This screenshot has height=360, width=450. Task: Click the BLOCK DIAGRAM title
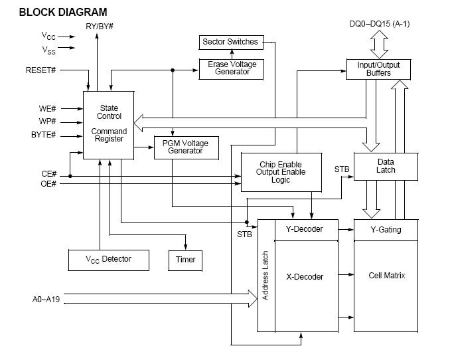pyautogui.click(x=63, y=12)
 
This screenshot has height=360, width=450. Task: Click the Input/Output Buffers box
pyautogui.click(x=378, y=69)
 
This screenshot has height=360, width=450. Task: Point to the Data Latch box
pyautogui.click(x=386, y=166)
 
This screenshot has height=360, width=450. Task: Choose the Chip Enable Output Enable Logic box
pyautogui.click(x=281, y=172)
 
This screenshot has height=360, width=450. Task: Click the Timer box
pyautogui.click(x=185, y=259)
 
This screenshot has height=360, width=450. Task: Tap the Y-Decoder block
pyautogui.click(x=304, y=230)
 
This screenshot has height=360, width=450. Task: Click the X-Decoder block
pyautogui.click(x=304, y=276)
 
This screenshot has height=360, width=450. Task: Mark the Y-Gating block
pyautogui.click(x=386, y=230)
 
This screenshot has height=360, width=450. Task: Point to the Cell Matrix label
pyautogui.click(x=386, y=275)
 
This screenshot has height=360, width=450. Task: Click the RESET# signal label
pyautogui.click(x=40, y=69)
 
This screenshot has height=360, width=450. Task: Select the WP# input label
pyautogui.click(x=47, y=122)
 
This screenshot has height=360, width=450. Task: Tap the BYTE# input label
pyautogui.click(x=44, y=135)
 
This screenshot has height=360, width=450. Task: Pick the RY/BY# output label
pyautogui.click(x=99, y=27)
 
